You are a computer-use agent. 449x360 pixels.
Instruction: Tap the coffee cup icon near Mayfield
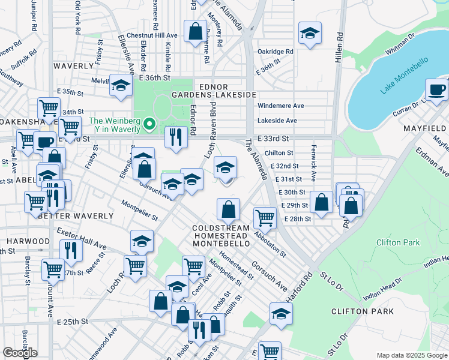click(436, 90)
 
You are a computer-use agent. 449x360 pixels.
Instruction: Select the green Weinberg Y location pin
click(150, 125)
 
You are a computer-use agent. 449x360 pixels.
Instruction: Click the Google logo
click(19, 353)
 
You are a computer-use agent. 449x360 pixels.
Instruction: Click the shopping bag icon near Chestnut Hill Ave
click(196, 32)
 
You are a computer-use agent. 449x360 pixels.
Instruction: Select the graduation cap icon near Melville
click(121, 85)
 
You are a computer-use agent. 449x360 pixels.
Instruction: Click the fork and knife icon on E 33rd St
click(176, 137)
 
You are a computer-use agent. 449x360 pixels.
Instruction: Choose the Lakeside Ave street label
click(277, 121)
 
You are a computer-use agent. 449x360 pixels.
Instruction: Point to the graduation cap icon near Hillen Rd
click(310, 33)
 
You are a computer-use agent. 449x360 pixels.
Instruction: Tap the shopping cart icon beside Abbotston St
click(265, 217)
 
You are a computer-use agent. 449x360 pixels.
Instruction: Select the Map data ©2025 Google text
click(411, 355)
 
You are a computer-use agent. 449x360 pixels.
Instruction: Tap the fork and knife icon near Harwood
click(71, 250)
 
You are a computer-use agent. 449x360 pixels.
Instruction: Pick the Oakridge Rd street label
click(275, 52)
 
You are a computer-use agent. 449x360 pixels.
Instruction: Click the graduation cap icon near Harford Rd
click(280, 314)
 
